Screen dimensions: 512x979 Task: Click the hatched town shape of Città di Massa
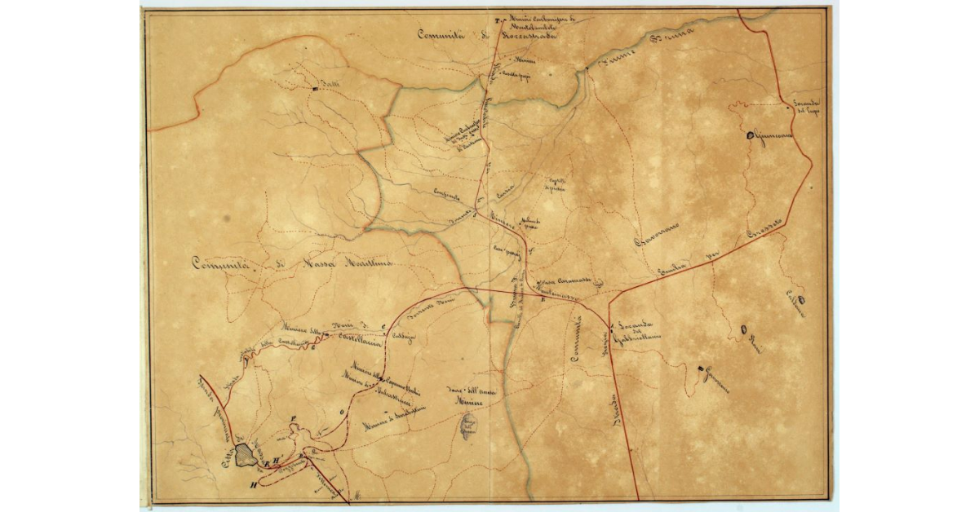244,455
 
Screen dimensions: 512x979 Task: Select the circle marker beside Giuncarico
750,135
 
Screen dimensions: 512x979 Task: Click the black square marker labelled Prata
314,89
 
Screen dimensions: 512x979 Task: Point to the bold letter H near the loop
254,486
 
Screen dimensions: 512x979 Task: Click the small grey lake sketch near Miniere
467,425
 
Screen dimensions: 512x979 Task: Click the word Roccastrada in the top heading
527,37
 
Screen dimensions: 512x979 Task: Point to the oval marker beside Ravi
743,329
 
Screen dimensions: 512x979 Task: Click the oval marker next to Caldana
802,300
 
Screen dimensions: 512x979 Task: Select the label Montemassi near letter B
561,290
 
